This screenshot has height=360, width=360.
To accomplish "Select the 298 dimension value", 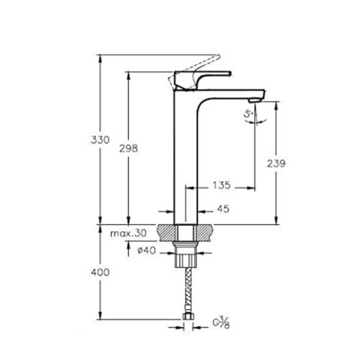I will pos(130,148).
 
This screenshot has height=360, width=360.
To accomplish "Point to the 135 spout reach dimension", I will pos(222,182).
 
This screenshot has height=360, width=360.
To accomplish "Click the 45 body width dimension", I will pos(223,210).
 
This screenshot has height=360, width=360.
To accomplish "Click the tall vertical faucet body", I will pos(187,157).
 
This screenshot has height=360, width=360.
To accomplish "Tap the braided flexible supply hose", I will pos(187,292).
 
